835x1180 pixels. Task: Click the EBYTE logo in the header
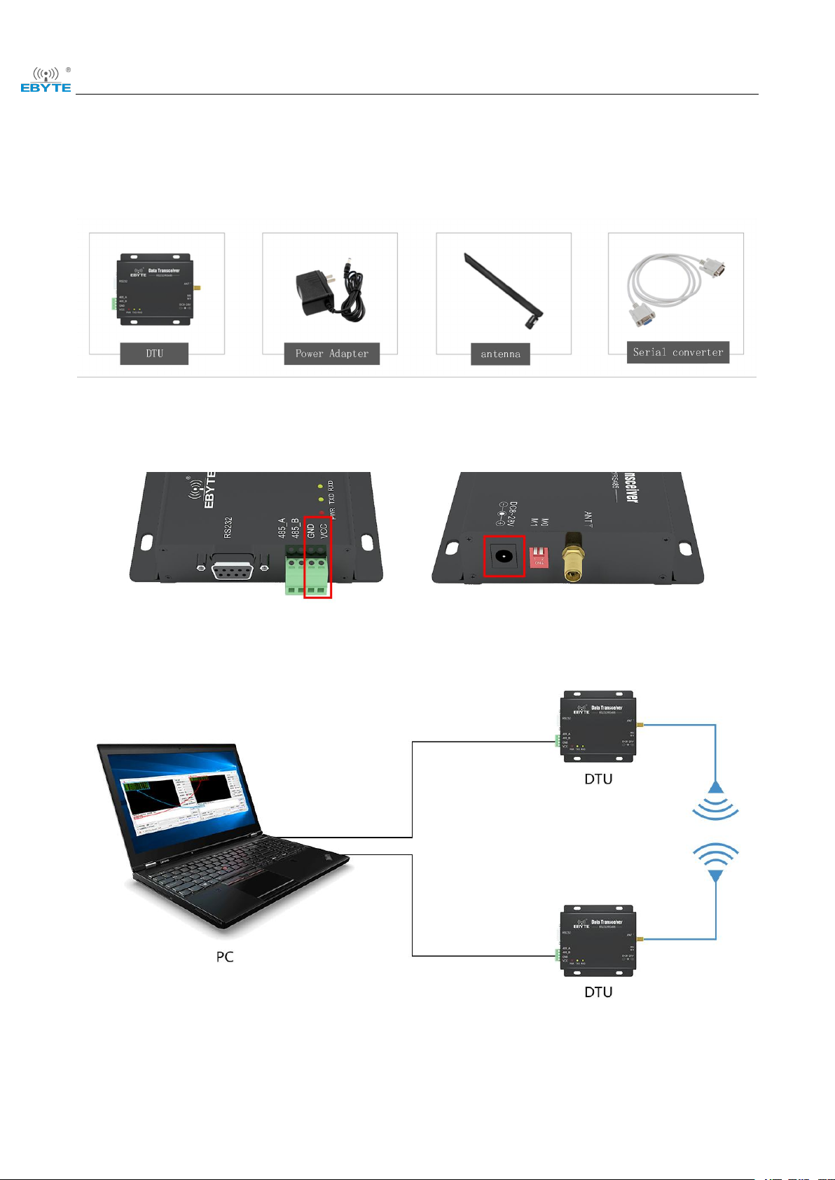tap(46, 80)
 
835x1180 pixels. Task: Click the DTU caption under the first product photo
tap(154, 354)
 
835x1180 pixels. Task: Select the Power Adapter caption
tap(331, 354)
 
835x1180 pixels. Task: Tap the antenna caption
tap(500, 354)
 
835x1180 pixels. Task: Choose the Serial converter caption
tap(677, 352)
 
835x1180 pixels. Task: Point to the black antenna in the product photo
tap(503, 291)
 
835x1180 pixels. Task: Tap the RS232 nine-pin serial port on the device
tap(233, 565)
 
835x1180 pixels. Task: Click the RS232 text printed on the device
tap(228, 527)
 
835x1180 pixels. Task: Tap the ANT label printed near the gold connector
tap(588, 520)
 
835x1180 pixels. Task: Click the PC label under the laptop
tap(225, 957)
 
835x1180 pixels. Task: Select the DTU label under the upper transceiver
tap(598, 779)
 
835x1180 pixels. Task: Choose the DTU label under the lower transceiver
tap(598, 992)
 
